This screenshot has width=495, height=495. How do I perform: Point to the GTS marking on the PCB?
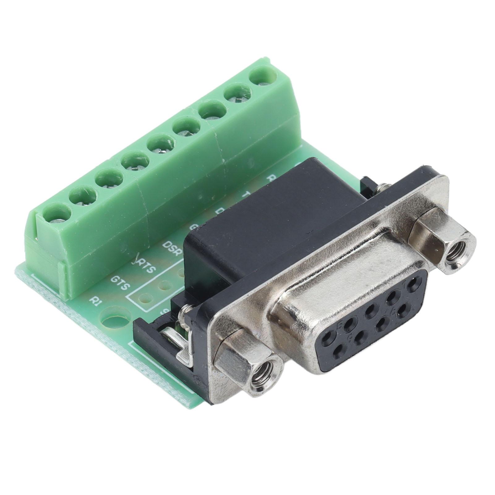(x=120, y=282)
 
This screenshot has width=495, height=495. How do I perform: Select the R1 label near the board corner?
(x=94, y=300)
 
